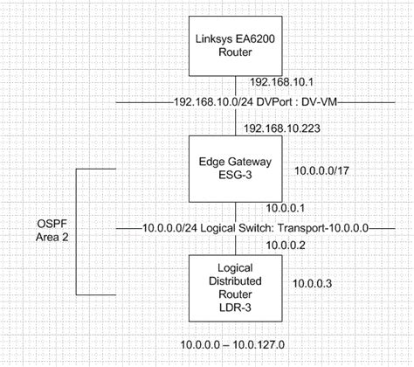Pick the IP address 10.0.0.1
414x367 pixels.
[284, 209]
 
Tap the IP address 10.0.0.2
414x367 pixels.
[284, 246]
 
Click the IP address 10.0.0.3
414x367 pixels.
[314, 283]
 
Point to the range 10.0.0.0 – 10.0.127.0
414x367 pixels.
[233, 344]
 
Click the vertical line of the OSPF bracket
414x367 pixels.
[78, 231]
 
